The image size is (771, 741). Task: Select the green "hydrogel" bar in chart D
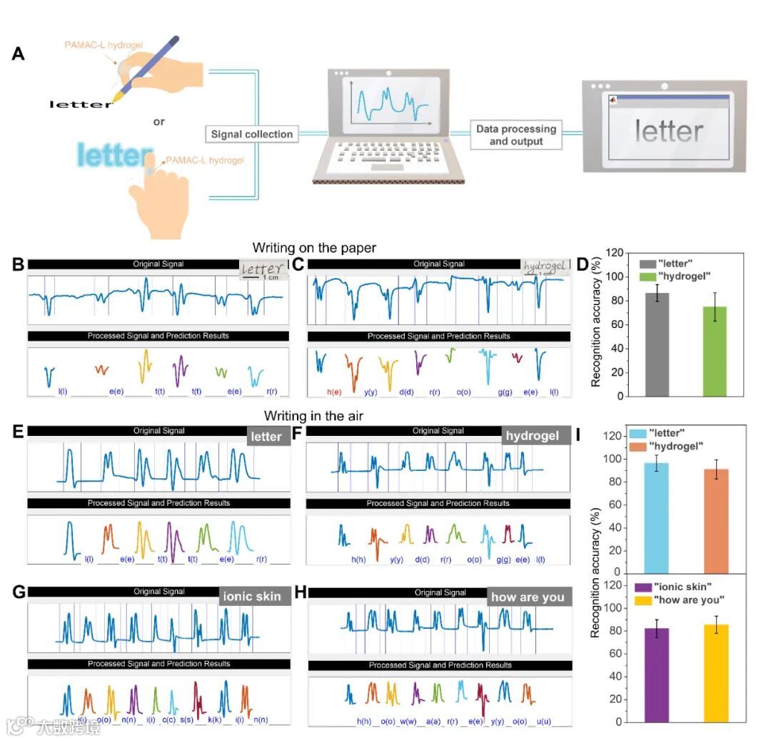point(714,351)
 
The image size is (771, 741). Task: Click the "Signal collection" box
point(251,134)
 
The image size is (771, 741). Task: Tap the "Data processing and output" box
point(516,135)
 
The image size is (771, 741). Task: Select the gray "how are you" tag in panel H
point(529,597)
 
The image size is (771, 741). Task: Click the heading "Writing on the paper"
point(319,248)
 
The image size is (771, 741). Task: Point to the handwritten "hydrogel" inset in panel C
point(545,267)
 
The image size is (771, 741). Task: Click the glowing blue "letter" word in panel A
point(114,155)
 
